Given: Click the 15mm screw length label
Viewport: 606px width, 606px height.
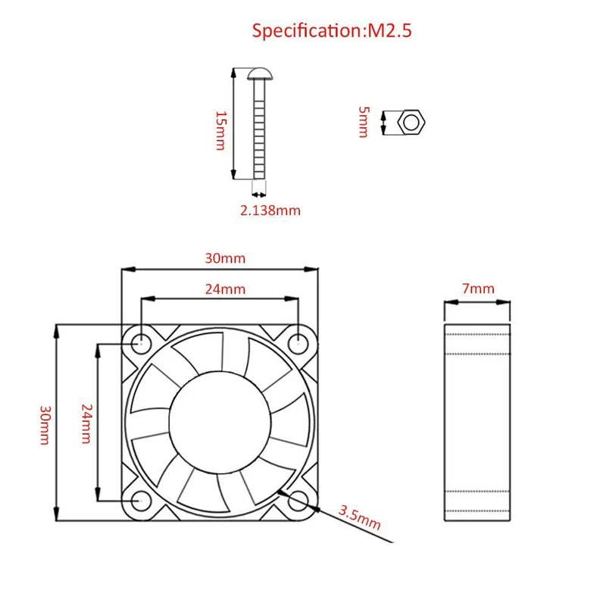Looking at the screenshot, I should point(220,130).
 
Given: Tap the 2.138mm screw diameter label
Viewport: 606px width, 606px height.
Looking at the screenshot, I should point(270,211).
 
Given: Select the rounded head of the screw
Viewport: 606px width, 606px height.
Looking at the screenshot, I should point(259,73).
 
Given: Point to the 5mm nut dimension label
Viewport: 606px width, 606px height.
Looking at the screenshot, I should point(364,121).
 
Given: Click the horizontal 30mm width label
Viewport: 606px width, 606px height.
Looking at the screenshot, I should point(225,258).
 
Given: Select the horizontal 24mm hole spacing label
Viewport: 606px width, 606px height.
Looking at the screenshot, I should point(225,289).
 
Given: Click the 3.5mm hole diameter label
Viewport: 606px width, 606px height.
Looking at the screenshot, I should point(359,520).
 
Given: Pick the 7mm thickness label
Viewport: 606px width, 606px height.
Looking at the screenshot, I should point(477,289).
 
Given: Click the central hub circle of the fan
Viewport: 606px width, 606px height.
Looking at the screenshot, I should point(220,422).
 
